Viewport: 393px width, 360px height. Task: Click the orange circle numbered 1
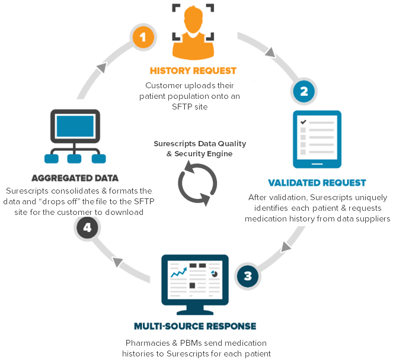click(x=142, y=38)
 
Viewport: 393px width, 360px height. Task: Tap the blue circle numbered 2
click(x=304, y=91)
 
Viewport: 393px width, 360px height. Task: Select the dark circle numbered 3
click(x=247, y=275)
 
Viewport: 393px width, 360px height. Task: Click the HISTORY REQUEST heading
click(x=193, y=70)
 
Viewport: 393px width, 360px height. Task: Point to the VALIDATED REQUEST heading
click(x=317, y=183)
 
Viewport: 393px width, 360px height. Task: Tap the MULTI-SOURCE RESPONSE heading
click(x=194, y=326)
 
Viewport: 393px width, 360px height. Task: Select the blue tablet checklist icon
click(x=317, y=140)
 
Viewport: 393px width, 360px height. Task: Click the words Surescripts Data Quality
click(x=199, y=144)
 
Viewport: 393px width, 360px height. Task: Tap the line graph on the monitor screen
click(x=178, y=273)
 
